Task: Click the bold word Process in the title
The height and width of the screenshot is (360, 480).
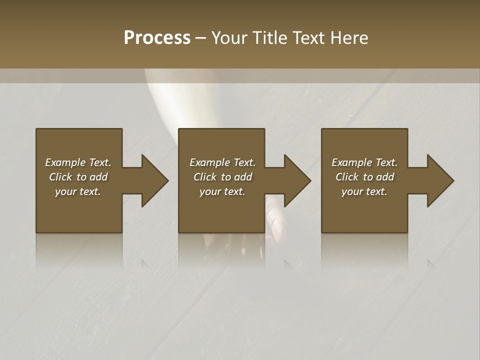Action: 157,38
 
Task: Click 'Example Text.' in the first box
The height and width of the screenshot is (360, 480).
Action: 78,162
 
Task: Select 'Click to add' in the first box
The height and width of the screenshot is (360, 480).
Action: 78,177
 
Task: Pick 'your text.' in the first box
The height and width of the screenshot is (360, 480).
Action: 78,191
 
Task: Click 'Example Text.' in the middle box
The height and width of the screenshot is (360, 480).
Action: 222,162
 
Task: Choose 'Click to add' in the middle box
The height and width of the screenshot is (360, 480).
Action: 222,177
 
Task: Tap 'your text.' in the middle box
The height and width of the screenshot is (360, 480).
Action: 222,191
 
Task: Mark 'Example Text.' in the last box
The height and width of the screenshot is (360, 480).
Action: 364,162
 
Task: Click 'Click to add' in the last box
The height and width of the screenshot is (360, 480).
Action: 364,177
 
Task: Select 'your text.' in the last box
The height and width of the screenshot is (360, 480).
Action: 364,191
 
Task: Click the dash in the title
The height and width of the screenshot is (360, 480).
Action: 200,38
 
